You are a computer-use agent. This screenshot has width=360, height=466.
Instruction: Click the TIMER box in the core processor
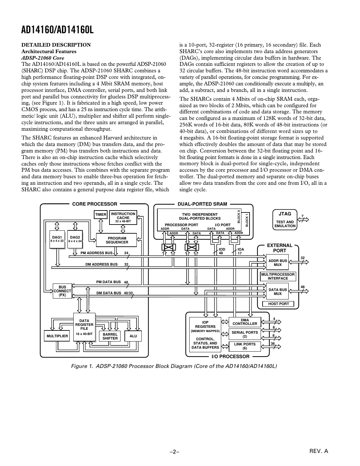[x=101, y=215]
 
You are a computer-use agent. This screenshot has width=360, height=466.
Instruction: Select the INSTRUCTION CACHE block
[x=123, y=217]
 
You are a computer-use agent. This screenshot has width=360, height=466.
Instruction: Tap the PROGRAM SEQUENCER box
[x=117, y=240]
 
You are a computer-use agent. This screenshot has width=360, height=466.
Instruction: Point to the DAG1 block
[x=57, y=239]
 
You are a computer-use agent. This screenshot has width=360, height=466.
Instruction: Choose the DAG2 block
[x=75, y=239]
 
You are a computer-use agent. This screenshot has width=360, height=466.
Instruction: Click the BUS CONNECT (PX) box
[x=62, y=291]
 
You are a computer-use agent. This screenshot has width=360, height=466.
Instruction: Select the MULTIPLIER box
[x=57, y=336]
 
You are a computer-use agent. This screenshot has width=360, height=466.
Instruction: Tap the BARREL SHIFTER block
[x=110, y=336]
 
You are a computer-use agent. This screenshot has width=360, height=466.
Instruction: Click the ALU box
[x=133, y=336]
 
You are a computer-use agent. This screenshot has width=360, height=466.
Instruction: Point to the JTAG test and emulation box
[x=285, y=220]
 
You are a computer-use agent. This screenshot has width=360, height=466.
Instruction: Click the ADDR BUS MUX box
[x=278, y=263]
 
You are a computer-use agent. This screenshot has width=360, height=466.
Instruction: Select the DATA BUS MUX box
[x=278, y=292]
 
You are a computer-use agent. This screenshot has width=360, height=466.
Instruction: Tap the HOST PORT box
[x=278, y=304]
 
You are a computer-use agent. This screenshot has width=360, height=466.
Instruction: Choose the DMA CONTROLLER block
[x=245, y=322]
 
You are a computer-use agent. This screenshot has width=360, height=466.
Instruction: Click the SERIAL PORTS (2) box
[x=245, y=334]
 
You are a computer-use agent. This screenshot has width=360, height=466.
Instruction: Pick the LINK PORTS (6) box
[x=245, y=346]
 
